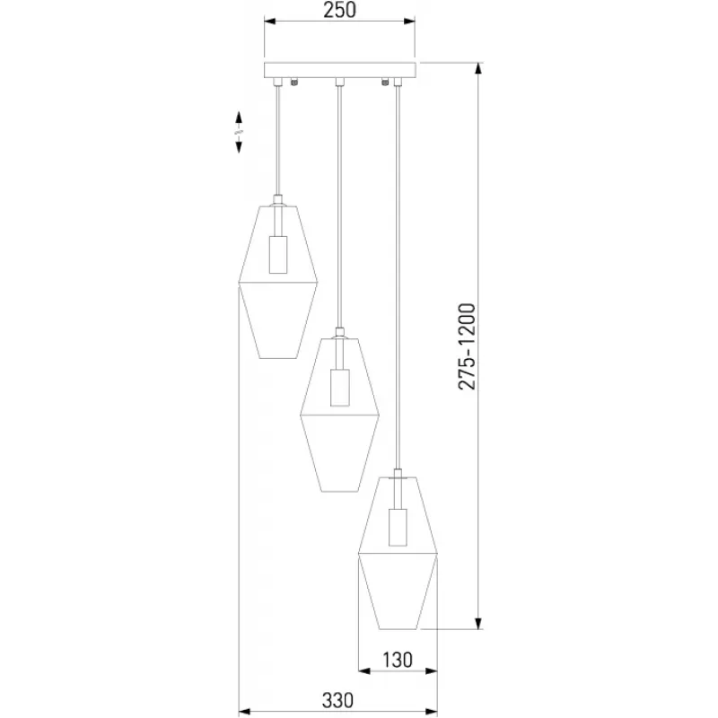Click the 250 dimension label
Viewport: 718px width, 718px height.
click(x=339, y=10)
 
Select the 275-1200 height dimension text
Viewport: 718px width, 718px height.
click(x=467, y=346)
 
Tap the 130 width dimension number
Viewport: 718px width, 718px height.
click(x=398, y=660)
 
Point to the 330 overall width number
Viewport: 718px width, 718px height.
click(x=338, y=701)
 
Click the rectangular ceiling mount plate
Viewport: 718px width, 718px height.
click(x=340, y=70)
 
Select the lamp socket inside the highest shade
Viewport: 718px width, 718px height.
click(x=278, y=255)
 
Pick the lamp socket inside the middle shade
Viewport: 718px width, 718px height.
click(x=340, y=388)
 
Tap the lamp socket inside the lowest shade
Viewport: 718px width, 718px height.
click(x=398, y=528)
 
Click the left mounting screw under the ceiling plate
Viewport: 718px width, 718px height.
click(x=294, y=83)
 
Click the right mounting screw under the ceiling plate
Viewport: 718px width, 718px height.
click(x=385, y=83)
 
